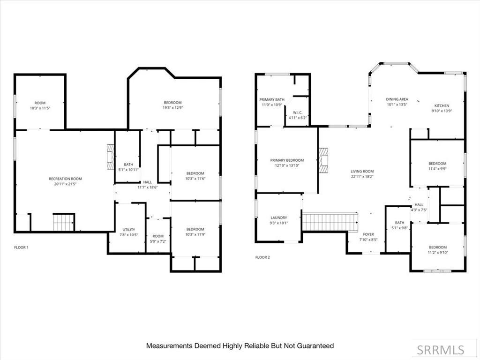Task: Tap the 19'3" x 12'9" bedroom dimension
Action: [x=172, y=108]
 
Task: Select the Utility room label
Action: [x=129, y=230]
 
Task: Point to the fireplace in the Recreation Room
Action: [x=110, y=157]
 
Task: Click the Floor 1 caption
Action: [x=21, y=247]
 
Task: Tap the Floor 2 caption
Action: [x=262, y=257]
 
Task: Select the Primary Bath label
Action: [x=272, y=99]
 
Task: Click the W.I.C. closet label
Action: [x=297, y=112]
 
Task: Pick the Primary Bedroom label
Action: [x=287, y=160]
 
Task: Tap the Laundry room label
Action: [x=278, y=218]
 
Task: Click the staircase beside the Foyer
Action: [x=330, y=222]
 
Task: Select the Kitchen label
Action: [x=442, y=105]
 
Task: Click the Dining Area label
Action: [x=397, y=99]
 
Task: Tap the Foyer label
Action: [x=368, y=234]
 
